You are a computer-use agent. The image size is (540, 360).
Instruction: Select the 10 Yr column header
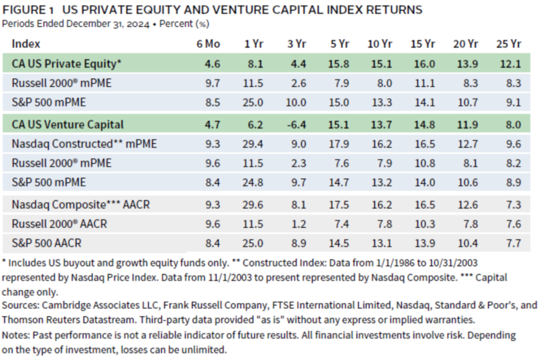(x=379, y=43)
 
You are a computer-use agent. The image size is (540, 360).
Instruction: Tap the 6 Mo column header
(x=208, y=43)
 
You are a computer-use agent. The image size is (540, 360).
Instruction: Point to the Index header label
(x=26, y=43)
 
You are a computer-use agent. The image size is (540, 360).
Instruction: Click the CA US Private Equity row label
(x=66, y=63)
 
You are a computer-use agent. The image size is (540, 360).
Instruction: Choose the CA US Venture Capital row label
(x=67, y=124)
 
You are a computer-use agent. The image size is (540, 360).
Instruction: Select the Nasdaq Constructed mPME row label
(x=84, y=144)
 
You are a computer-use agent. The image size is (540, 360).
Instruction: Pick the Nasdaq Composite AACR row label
(x=80, y=204)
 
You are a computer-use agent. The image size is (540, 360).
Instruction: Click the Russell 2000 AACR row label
(x=59, y=223)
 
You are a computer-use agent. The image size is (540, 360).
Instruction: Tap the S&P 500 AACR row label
(x=46, y=243)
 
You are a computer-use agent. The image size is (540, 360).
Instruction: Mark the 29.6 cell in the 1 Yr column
(x=253, y=204)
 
